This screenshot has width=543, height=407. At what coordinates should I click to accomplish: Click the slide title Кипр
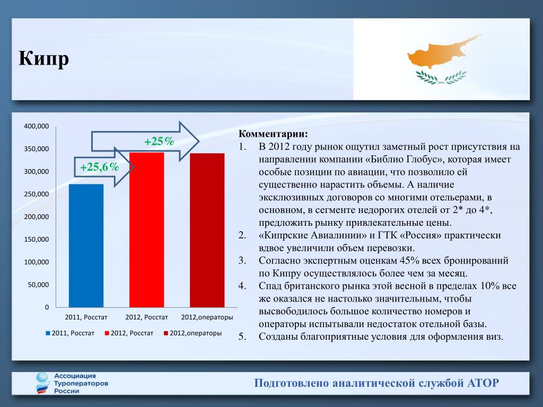coord(43,58)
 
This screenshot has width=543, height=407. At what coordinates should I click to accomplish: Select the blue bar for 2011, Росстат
coord(86,246)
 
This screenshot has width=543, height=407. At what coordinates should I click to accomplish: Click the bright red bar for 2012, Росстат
coord(146,230)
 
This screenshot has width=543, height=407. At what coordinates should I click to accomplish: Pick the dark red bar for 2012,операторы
coord(207,230)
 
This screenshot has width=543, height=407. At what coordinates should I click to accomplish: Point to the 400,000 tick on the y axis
coord(37,126)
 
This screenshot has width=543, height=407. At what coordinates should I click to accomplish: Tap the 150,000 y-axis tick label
coord(37,240)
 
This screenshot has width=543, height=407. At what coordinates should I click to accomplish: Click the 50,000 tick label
coord(38,285)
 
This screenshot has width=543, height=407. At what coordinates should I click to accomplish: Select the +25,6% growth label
coord(100,167)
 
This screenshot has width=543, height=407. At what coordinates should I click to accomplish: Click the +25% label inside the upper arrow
coord(159,141)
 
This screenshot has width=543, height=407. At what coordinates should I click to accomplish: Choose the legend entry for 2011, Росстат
coord(70,333)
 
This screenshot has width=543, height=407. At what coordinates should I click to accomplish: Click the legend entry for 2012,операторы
coord(193,333)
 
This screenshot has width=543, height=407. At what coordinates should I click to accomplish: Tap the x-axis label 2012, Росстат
coord(146,317)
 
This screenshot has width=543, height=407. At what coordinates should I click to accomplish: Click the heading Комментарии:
coord(273,134)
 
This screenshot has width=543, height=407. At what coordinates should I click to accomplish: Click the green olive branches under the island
coord(441,77)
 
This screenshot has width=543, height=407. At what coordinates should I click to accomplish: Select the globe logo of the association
coord(42,383)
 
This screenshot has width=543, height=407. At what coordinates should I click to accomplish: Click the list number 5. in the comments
coord(242,337)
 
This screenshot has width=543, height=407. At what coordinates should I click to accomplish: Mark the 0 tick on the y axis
coord(47,307)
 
